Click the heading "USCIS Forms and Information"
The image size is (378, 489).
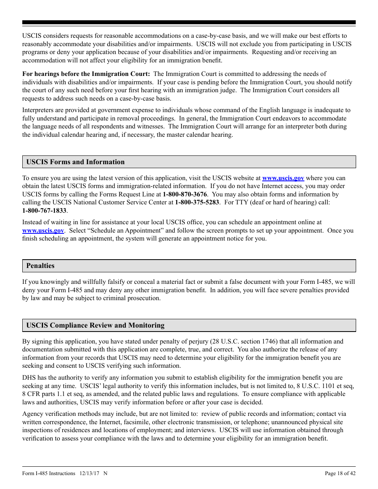pyautogui.click(x=75, y=162)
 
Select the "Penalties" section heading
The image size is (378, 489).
pyautogui.click(x=40, y=266)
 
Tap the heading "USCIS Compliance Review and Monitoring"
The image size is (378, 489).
pyautogui.click(x=95, y=325)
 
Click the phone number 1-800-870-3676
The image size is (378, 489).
pyautogui.click(x=185, y=194)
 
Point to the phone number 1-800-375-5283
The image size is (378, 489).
pyautogui.click(x=197, y=202)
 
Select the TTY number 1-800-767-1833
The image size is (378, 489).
pyautogui.click(x=44, y=211)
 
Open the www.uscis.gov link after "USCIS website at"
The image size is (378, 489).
pyautogui.click(x=283, y=178)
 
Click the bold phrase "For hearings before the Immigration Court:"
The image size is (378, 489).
pyautogui.click(x=86, y=74)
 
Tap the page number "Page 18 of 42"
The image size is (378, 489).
pyautogui.click(x=340, y=473)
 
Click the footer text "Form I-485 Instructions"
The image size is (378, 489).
pyautogui.click(x=49, y=473)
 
